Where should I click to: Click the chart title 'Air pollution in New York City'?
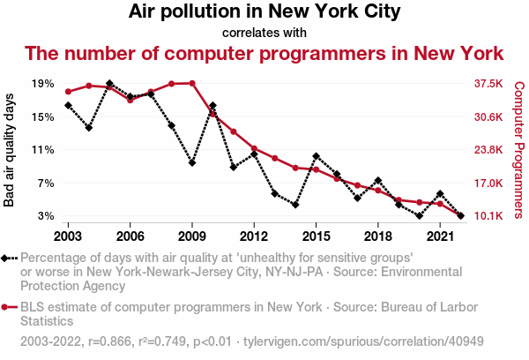tap(264, 12)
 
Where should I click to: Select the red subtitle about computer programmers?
tap(264, 53)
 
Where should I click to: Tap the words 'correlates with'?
tap(264, 33)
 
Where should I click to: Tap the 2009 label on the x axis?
tap(191, 236)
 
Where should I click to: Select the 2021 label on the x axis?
tap(439, 236)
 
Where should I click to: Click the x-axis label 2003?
tap(68, 236)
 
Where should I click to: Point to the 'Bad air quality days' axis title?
tap(10, 149)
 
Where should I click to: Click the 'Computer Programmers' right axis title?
tap(518, 150)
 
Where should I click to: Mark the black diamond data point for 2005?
tap(109, 84)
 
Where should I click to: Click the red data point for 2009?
tap(192, 83)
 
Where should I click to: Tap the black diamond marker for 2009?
tap(192, 163)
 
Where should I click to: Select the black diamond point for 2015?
tap(316, 156)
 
